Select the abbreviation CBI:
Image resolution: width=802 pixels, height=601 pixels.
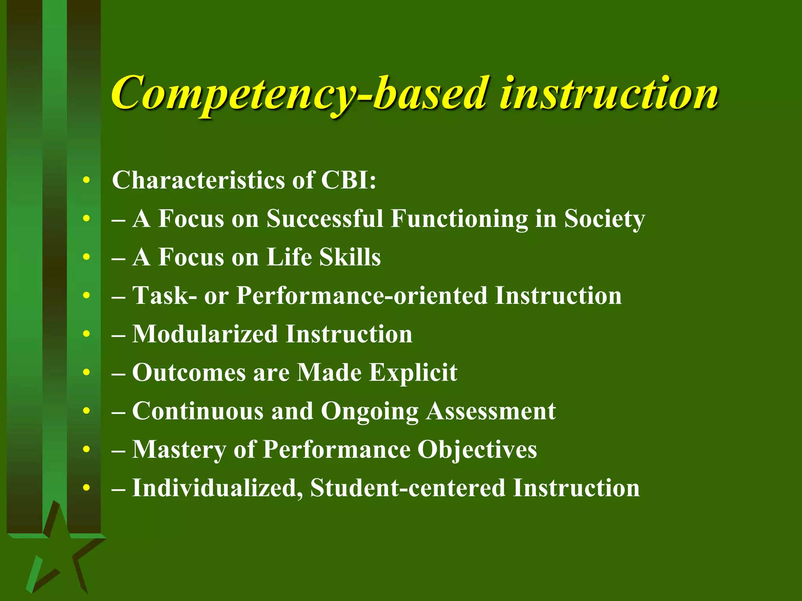coord(348,180)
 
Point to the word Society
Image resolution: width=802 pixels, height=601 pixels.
coord(604,219)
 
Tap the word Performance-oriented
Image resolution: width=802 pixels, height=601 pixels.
coord(362,295)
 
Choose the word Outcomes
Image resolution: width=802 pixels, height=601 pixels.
coord(189,372)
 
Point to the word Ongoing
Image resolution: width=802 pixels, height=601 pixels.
coord(370,412)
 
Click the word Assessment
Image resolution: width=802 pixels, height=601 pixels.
coord(491,411)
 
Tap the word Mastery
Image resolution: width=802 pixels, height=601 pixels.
coord(179,450)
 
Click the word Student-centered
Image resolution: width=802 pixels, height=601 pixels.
coord(407,488)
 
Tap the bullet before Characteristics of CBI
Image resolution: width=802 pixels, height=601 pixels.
coord(87,180)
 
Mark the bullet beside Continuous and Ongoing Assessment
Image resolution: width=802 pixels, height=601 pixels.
coord(87,411)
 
